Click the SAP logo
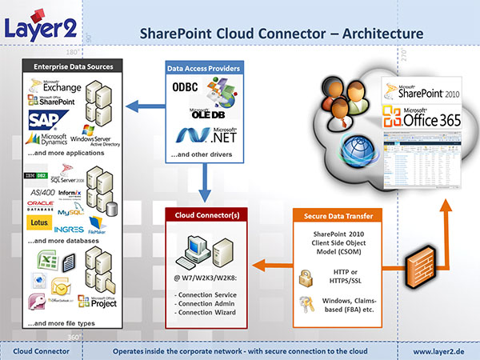click(x=46, y=121)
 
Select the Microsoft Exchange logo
click(x=53, y=84)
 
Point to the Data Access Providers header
click(x=203, y=69)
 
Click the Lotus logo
click(x=39, y=222)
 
